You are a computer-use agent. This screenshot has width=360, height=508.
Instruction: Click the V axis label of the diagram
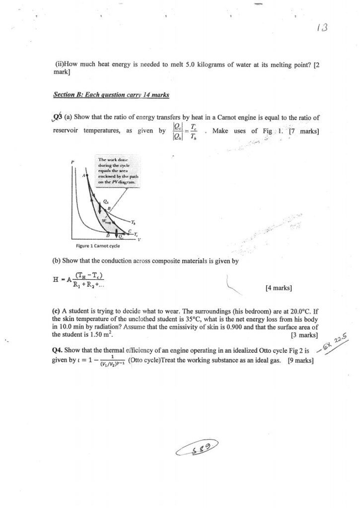(139, 240)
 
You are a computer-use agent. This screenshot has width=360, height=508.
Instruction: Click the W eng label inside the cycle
(106, 221)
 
